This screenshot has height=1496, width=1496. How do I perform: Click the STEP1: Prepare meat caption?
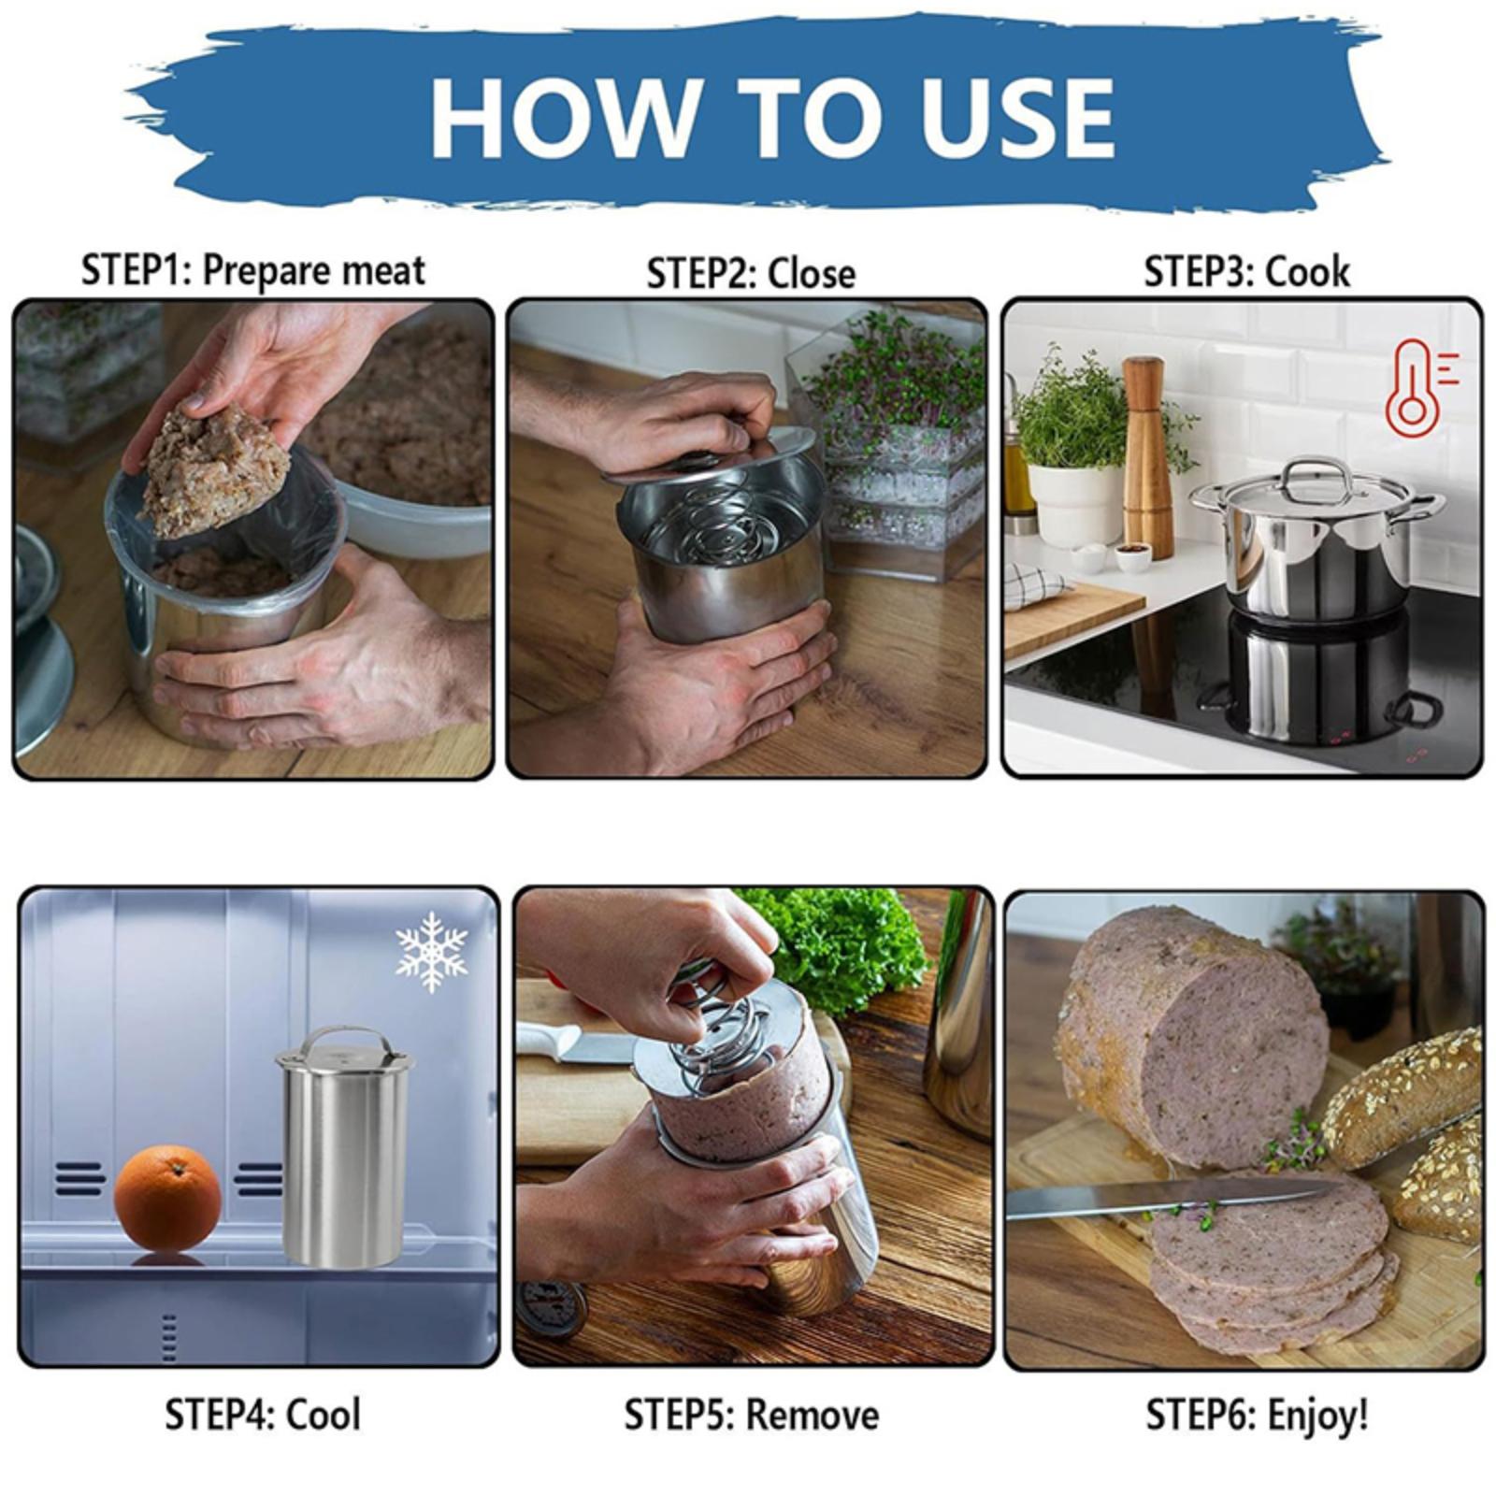click(x=253, y=271)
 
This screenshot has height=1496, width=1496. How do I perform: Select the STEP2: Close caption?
click(x=751, y=273)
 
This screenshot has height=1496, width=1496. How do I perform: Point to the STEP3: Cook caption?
click(x=1247, y=272)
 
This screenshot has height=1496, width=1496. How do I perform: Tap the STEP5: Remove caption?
click(x=752, y=1415)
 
